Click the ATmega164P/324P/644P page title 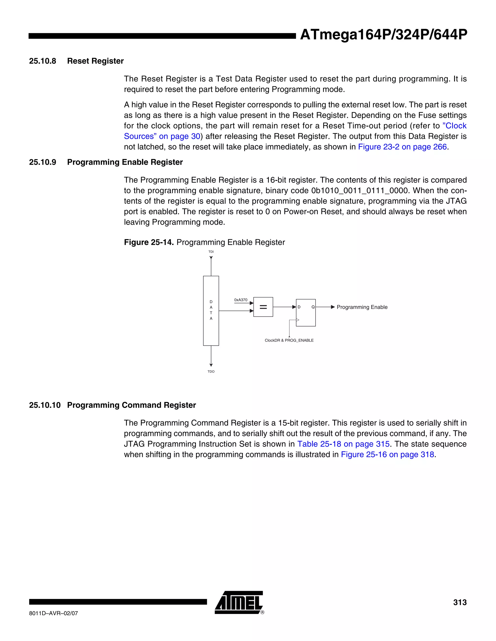pyautogui.click(x=383, y=35)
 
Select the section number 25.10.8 pyautogui.click(x=43, y=61)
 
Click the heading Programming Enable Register pyautogui.click(x=125, y=162)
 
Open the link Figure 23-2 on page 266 pyautogui.click(x=402, y=147)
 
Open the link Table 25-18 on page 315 pyautogui.click(x=343, y=444)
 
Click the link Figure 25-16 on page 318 pyautogui.click(x=387, y=455)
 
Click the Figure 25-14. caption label pyautogui.click(x=149, y=242)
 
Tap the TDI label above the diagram pyautogui.click(x=211, y=252)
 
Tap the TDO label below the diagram pyautogui.click(x=211, y=372)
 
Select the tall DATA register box pyautogui.click(x=211, y=311)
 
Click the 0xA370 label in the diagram pyautogui.click(x=241, y=300)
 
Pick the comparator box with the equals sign pyautogui.click(x=263, y=307)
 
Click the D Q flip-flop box pyautogui.click(x=306, y=313)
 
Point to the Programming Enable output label pyautogui.click(x=362, y=307)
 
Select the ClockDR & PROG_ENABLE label pyautogui.click(x=289, y=341)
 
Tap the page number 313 pyautogui.click(x=460, y=602)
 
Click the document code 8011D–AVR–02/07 pyautogui.click(x=54, y=613)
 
